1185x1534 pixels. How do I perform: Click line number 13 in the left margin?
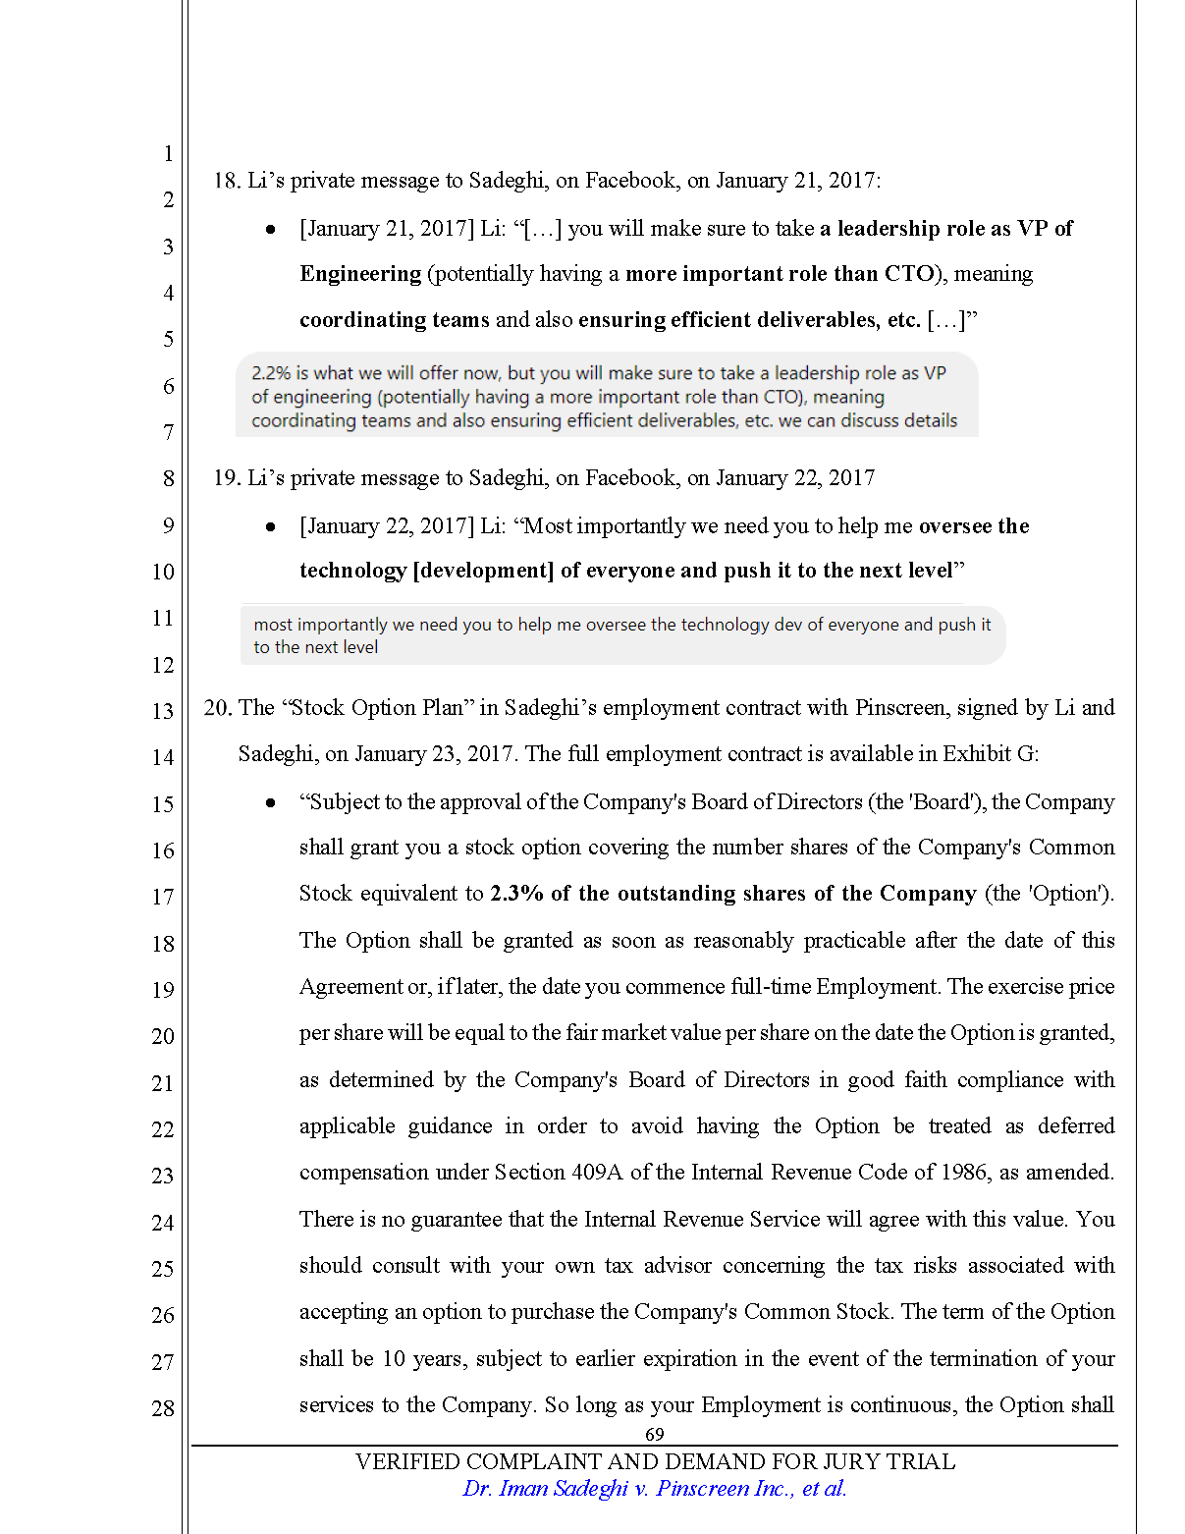tap(163, 711)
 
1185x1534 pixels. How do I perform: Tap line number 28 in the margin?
tap(163, 1408)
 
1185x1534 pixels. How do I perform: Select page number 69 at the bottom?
tap(655, 1434)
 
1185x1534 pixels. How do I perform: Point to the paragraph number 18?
tap(226, 181)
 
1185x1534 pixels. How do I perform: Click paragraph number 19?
tap(226, 478)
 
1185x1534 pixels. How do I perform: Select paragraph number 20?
tap(217, 708)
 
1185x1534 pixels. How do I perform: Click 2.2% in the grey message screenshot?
tap(271, 373)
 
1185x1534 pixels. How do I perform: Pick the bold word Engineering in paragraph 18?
tap(360, 274)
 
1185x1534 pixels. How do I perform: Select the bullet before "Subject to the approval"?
tap(271, 803)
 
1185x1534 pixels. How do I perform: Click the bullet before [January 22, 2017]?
tap(271, 527)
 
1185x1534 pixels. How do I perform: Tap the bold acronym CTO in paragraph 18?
tap(908, 274)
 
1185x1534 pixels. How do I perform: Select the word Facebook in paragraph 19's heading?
tap(630, 478)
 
